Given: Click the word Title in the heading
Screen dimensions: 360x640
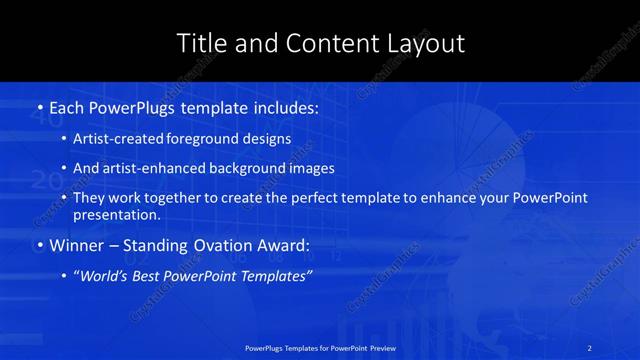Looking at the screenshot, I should tap(199, 43).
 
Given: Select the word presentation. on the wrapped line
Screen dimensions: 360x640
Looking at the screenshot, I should tap(117, 214).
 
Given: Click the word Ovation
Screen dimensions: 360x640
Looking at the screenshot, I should tap(227, 245).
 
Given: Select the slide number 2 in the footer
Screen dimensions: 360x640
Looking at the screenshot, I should tap(591, 347).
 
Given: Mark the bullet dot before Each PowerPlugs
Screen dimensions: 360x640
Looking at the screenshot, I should tap(39, 106).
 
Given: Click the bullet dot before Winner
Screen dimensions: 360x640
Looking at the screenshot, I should tap(39, 246).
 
